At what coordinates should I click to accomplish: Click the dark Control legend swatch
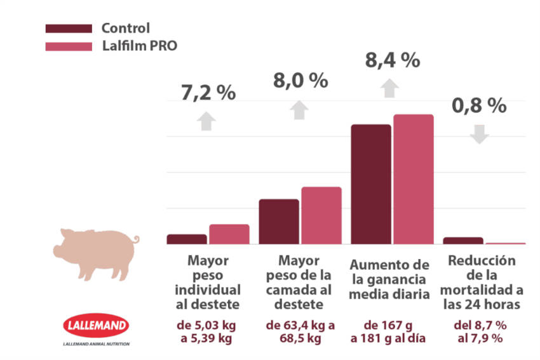point(69,29)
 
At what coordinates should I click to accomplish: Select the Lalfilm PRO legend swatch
point(69,46)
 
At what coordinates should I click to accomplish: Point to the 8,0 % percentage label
point(300,81)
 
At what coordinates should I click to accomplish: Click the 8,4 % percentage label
point(392,60)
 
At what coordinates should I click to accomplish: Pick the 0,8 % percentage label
point(479,105)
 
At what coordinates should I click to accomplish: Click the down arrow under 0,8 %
point(480,133)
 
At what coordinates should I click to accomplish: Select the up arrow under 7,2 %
point(206,121)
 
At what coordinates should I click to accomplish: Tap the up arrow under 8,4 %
point(391,88)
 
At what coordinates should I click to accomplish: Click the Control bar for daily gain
point(371,184)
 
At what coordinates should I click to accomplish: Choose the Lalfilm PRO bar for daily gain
point(413,179)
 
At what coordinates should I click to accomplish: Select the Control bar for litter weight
point(279,222)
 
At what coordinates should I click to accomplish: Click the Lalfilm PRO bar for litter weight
point(321,215)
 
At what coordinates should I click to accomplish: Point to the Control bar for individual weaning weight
point(187,239)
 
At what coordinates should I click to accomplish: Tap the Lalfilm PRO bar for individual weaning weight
point(229,234)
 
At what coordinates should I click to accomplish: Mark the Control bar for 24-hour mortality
point(463,240)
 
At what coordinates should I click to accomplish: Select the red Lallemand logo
point(96,326)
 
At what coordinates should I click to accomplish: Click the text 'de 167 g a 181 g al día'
point(391,331)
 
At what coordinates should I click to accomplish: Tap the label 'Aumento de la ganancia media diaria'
point(391,278)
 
